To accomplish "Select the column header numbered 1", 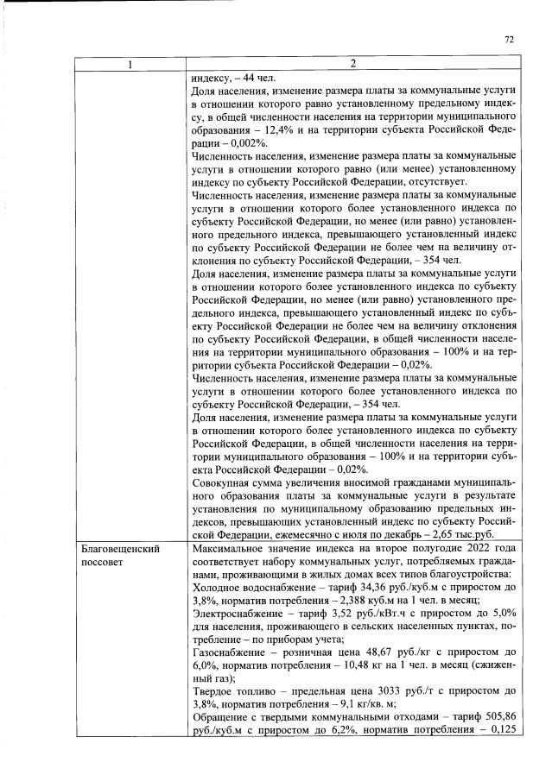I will [x=128, y=64].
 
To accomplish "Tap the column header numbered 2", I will [x=352, y=64].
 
